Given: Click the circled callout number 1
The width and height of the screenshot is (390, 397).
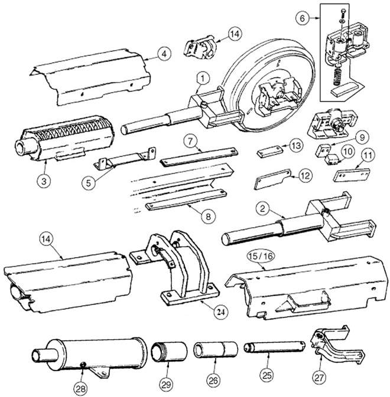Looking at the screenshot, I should [x=202, y=77].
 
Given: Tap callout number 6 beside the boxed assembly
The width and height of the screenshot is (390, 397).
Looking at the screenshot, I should [x=301, y=18].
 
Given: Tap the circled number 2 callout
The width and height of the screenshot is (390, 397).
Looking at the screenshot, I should [x=260, y=208].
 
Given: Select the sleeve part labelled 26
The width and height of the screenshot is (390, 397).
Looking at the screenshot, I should [x=216, y=349].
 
